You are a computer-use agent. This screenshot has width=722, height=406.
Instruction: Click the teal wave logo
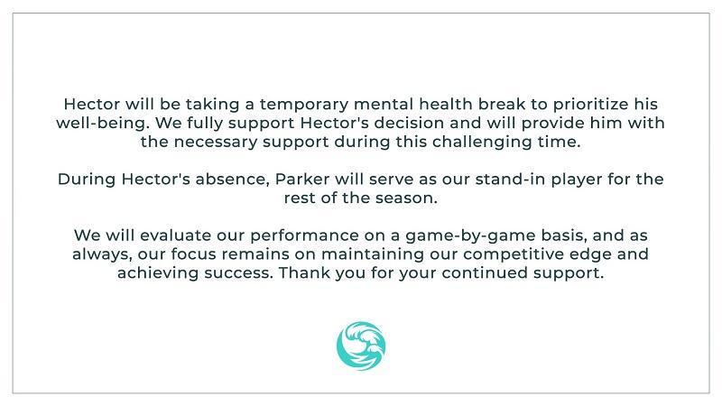pyautogui.click(x=361, y=346)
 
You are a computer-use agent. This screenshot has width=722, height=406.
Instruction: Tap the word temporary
pyautogui.click(x=304, y=105)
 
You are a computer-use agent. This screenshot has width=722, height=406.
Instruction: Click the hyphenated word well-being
pyautogui.click(x=103, y=124)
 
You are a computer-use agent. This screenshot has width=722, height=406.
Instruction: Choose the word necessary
pyautogui.click(x=215, y=143)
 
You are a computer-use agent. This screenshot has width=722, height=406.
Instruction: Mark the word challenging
pyautogui.click(x=482, y=143)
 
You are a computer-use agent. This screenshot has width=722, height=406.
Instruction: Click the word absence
pyautogui.click(x=232, y=179)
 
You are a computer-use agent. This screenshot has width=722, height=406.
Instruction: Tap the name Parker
pyautogui.click(x=302, y=179)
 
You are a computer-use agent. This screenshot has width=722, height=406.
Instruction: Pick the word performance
pyautogui.click(x=304, y=236)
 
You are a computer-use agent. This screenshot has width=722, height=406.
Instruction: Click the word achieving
pyautogui.click(x=158, y=273)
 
